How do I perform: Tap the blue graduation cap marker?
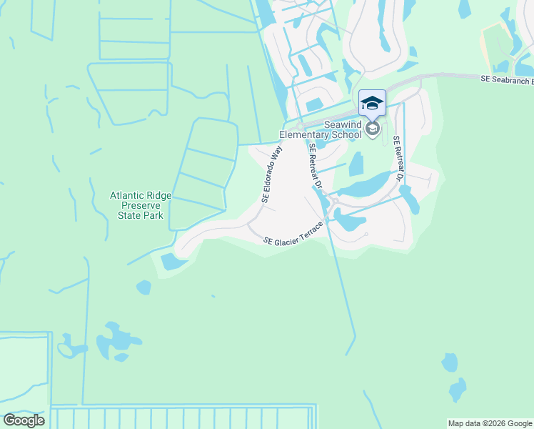point(371,104)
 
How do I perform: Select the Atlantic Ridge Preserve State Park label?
point(136,204)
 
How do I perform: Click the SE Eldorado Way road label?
point(272,175)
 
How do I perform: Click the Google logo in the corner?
point(24,420)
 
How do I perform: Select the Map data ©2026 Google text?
point(489,423)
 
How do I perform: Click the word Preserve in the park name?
point(136,204)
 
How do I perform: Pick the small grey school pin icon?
point(372,129)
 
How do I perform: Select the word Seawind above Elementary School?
point(344,124)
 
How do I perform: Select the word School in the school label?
point(347,134)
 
